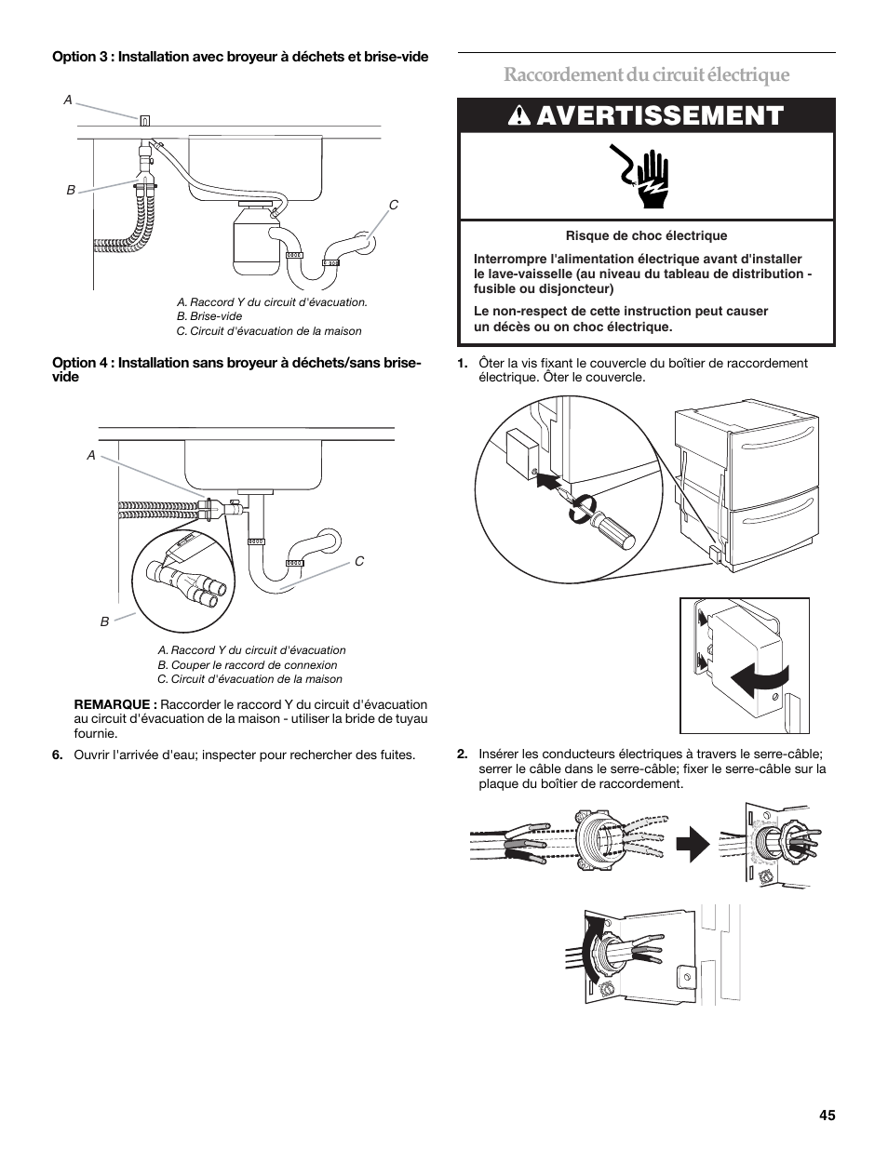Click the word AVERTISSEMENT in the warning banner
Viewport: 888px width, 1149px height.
(660, 115)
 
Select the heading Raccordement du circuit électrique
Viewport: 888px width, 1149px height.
(647, 74)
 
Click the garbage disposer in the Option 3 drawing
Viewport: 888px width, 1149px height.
(252, 240)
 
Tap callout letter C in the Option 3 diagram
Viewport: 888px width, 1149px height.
(393, 205)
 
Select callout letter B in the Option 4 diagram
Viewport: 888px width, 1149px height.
(105, 621)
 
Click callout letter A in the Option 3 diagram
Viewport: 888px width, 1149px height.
(67, 99)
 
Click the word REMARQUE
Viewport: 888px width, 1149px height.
(115, 704)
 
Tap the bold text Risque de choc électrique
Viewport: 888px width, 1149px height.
(646, 236)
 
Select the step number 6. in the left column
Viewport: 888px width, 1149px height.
(58, 755)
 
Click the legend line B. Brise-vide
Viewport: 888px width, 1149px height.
(209, 316)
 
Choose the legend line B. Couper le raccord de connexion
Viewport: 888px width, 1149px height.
(248, 665)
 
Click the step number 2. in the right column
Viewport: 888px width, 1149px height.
(463, 755)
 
